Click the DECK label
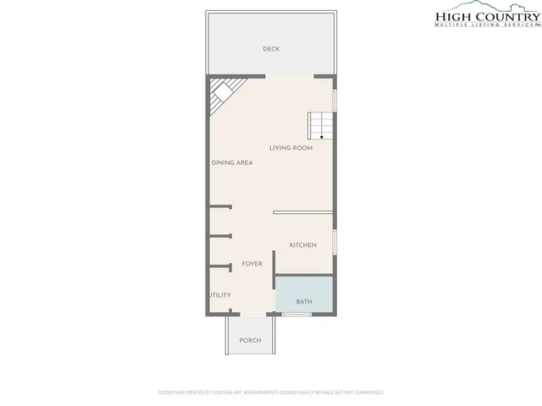point(271,49)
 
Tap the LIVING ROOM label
point(291,148)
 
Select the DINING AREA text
point(232,162)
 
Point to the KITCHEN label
point(302,245)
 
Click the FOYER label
point(252,264)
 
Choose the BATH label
point(303,302)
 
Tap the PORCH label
point(250,341)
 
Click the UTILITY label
point(220,295)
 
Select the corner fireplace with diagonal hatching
point(224,94)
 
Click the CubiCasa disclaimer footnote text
point(271,392)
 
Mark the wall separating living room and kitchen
point(303,212)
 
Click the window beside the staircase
point(335,100)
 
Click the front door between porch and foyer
point(250,315)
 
